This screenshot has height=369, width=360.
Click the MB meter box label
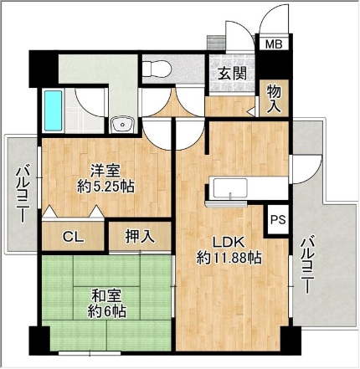click(274, 44)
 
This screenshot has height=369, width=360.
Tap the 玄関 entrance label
click(232, 74)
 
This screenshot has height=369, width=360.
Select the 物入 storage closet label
click(274, 99)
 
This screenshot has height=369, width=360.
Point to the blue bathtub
click(53, 110)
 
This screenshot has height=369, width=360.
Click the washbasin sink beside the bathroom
click(123, 125)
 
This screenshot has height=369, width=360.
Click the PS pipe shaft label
click(279, 219)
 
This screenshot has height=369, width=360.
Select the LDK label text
click(229, 242)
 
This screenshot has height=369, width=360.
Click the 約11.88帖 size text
click(229, 258)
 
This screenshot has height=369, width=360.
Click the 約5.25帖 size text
click(105, 187)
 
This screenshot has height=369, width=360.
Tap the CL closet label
click(73, 237)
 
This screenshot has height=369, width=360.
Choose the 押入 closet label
click(140, 236)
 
